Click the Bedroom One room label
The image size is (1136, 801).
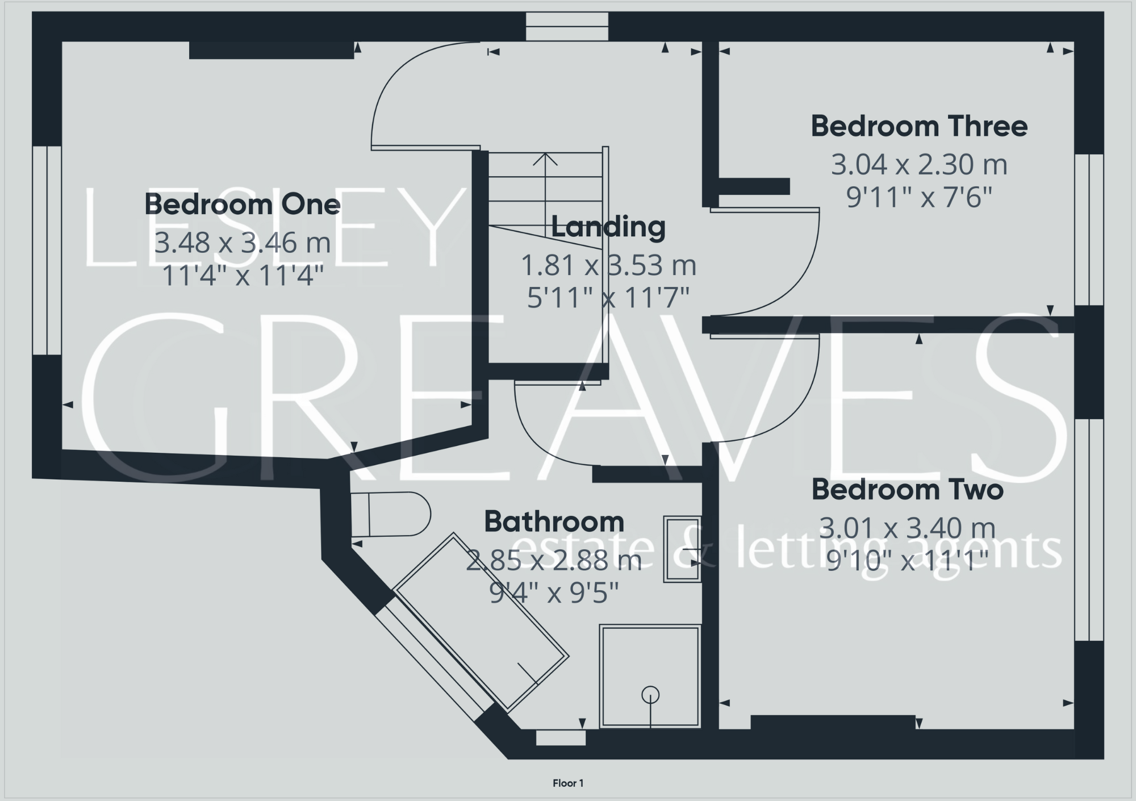click(242, 205)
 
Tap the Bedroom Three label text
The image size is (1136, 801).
click(918, 126)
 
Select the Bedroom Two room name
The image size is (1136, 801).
click(907, 490)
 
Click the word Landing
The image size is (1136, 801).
click(608, 227)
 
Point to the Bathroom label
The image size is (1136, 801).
click(554, 522)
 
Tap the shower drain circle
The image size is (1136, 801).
click(650, 694)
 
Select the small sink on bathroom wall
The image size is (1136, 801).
click(682, 549)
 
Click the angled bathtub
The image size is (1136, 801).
click(480, 622)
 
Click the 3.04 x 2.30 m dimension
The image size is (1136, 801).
click(918, 165)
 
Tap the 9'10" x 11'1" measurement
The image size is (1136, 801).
click(907, 561)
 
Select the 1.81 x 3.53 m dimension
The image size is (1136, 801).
click(608, 265)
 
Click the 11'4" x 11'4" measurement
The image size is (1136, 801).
click(242, 276)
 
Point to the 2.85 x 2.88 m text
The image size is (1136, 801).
click(554, 561)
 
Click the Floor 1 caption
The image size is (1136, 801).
click(567, 783)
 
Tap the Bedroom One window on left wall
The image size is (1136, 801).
click(47, 250)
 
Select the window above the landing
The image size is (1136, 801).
click(566, 27)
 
